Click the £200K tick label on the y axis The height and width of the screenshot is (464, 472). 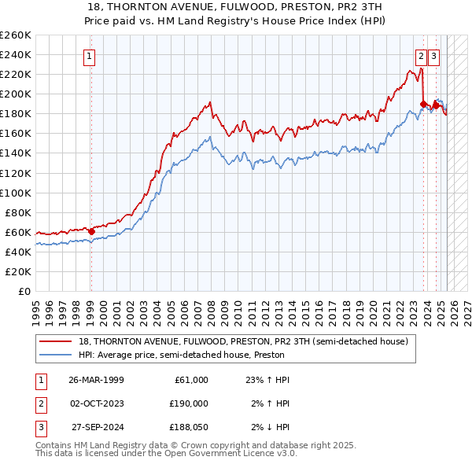click(16, 94)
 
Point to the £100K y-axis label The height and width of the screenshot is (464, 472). click(16, 193)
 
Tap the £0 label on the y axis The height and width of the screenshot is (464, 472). click(24, 291)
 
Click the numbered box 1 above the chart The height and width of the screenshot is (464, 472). click(90, 56)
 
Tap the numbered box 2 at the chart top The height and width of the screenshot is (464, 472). click(422, 56)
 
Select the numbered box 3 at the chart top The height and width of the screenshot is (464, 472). click(434, 56)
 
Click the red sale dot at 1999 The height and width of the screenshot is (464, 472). click(91, 231)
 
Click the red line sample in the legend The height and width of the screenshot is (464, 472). click(55, 342)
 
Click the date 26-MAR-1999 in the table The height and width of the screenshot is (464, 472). click(97, 380)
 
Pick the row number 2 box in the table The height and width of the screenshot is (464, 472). click(40, 403)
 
